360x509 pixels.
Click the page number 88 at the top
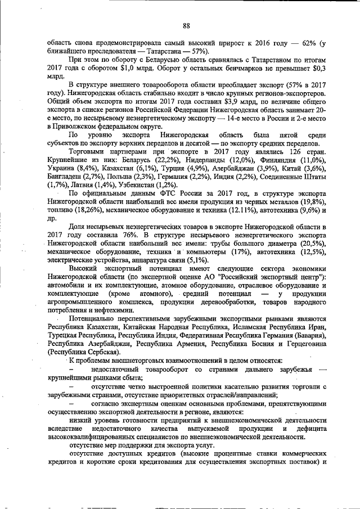(186, 25)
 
